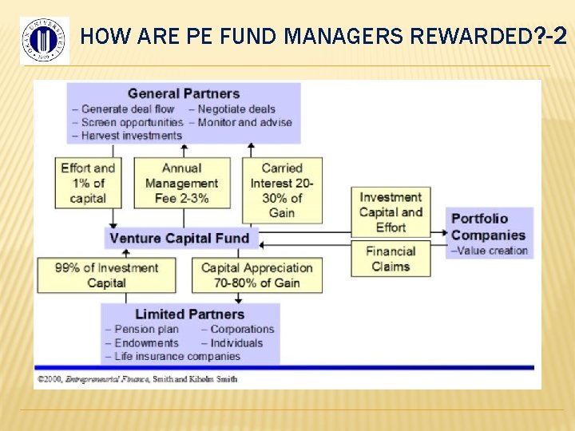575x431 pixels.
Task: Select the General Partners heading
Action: (x=184, y=94)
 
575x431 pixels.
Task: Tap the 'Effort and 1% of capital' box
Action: (x=88, y=183)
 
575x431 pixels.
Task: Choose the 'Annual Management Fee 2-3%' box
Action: (x=181, y=183)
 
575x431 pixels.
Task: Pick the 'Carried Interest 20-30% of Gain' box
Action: (x=282, y=190)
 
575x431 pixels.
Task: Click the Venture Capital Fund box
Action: (x=180, y=238)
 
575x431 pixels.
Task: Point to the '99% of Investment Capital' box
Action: (x=106, y=275)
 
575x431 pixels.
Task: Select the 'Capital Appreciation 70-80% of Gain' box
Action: (x=257, y=275)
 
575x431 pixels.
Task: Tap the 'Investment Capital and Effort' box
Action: (x=391, y=212)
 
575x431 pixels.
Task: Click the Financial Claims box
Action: (x=391, y=259)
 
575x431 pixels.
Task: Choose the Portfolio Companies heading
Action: (x=488, y=227)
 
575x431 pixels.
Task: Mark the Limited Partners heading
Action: (x=189, y=314)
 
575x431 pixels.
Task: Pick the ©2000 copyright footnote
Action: (x=137, y=378)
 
